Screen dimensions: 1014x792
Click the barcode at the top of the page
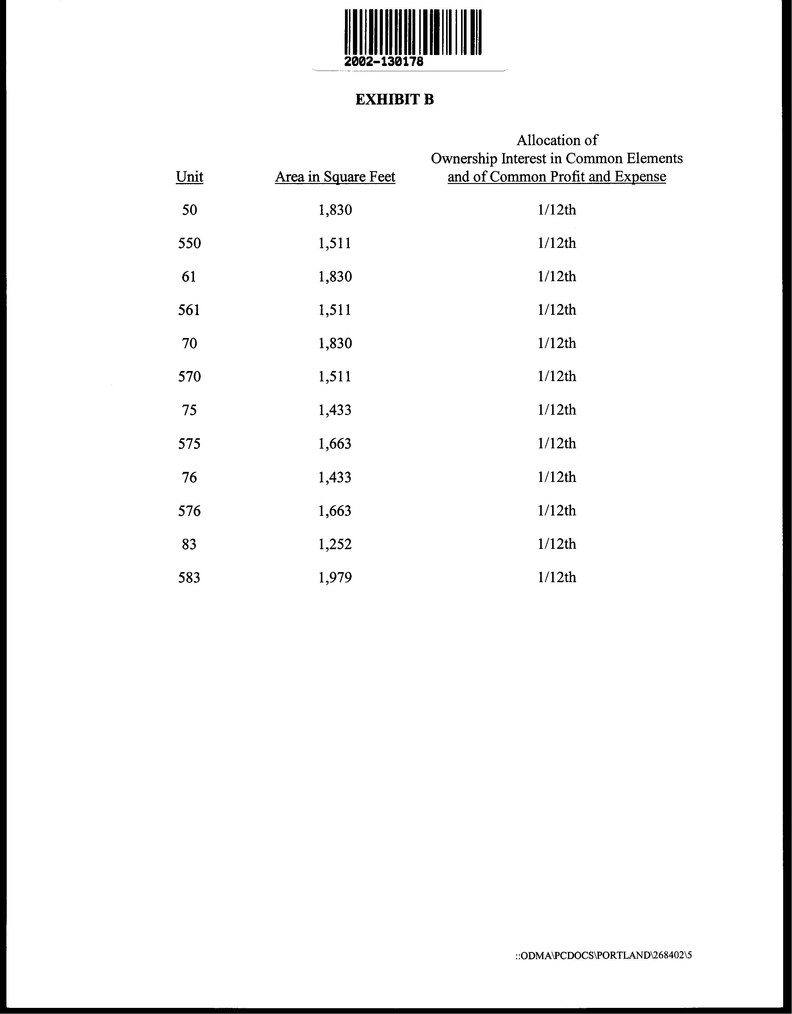(x=413, y=31)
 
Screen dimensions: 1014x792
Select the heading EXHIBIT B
(x=394, y=99)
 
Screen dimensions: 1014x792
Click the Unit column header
(x=189, y=177)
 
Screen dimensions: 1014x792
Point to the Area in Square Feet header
(x=335, y=177)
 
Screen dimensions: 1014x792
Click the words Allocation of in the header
(x=557, y=140)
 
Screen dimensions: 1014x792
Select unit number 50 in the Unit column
(x=189, y=210)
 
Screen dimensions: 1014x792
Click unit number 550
(x=189, y=243)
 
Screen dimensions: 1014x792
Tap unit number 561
(x=189, y=310)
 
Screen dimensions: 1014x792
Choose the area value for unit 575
(x=335, y=444)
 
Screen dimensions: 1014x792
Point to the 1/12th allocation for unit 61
(x=557, y=277)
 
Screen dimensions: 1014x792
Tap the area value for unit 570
(x=335, y=377)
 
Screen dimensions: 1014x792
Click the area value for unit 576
(x=335, y=511)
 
